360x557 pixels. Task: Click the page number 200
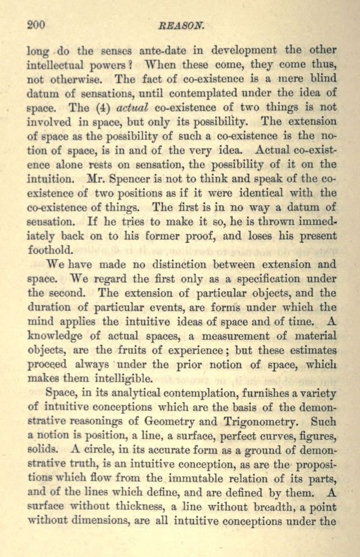[37, 25]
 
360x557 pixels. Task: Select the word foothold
[50, 249]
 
